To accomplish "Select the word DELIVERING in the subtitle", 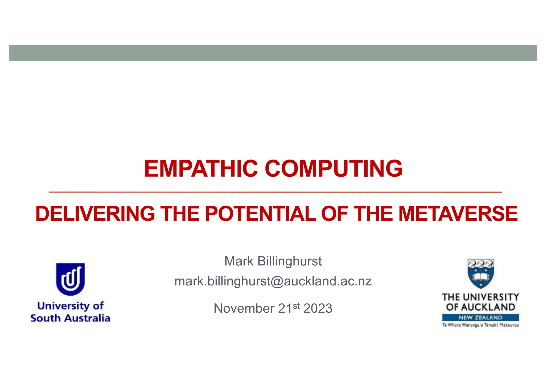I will click(95, 214).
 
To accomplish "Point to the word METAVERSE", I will click(458, 214).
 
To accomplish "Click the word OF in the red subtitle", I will click(334, 214).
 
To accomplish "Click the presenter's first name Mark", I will click(239, 261).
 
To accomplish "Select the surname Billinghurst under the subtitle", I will click(290, 261).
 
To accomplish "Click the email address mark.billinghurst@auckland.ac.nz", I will click(273, 281).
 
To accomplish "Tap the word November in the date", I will click(244, 308).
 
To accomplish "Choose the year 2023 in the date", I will click(318, 308).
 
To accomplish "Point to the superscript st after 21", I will click(296, 306).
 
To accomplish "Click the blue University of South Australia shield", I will click(70, 279).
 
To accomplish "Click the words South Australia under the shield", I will click(70, 318).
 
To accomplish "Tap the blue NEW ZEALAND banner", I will click(480, 318).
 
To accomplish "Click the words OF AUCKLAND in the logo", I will click(480, 307).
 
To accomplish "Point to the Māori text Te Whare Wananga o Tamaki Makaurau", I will click(480, 325).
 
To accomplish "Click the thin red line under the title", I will click(275, 192).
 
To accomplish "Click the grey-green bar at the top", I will click(273, 53).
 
